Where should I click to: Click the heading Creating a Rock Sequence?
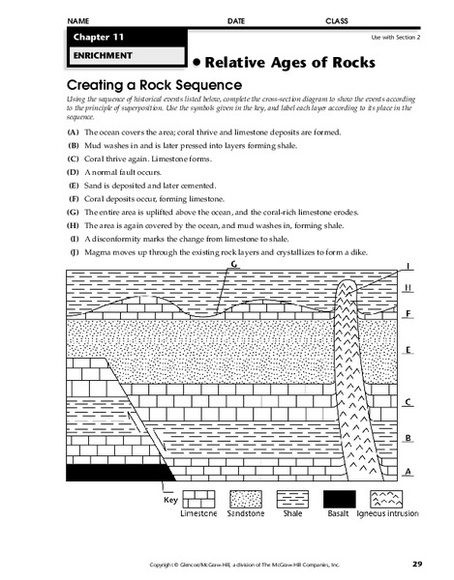coord(151,85)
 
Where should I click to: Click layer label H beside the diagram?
coord(409,287)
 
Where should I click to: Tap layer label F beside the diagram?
coord(409,312)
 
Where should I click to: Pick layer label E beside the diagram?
coord(409,350)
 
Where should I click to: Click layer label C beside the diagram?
coord(409,402)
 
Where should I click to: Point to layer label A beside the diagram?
coord(409,471)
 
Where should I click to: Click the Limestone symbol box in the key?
coord(198,496)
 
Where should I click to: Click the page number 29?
coord(416,563)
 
